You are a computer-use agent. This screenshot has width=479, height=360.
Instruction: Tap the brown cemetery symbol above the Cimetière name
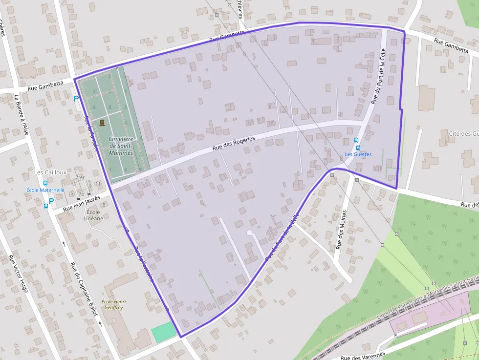click(x=102, y=122)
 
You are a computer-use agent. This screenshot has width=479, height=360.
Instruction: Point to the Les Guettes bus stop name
click(x=358, y=154)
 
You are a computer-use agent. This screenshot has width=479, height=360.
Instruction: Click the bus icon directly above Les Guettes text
click(x=358, y=148)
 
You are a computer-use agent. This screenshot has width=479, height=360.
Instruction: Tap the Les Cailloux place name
click(x=50, y=172)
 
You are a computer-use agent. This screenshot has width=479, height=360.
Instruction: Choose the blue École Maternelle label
click(x=45, y=190)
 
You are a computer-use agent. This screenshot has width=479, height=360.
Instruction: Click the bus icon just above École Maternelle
click(x=45, y=183)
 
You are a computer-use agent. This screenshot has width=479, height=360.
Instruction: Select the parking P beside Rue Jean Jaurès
click(x=51, y=201)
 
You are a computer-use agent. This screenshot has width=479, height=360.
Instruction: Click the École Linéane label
click(x=93, y=215)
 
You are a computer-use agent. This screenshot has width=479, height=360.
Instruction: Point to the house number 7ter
click(x=80, y=177)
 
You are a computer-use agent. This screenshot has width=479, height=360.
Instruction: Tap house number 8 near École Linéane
click(x=103, y=205)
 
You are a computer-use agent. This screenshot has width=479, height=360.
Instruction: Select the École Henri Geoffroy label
click(x=113, y=304)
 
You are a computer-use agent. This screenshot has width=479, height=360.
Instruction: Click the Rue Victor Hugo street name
click(x=18, y=273)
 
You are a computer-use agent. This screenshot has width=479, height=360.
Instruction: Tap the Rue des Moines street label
click(x=341, y=230)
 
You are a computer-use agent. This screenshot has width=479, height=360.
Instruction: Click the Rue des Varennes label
click(x=363, y=355)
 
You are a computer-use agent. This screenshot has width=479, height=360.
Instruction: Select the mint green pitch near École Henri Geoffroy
click(x=164, y=332)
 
